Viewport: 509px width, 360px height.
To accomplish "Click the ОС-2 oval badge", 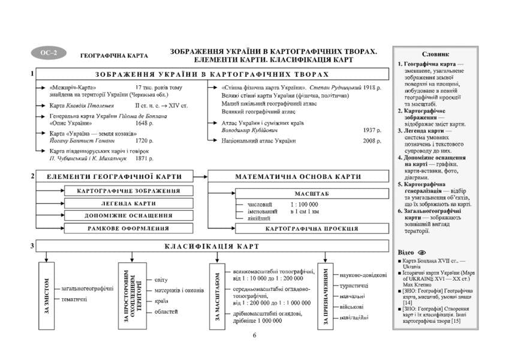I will [x=47, y=53].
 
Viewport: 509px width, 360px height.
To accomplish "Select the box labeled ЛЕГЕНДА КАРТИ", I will [x=128, y=203].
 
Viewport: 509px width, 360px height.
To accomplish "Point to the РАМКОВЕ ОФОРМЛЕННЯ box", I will [x=128, y=229].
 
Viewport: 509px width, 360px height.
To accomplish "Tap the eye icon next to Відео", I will [x=421, y=253].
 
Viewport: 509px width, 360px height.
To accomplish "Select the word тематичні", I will [x=74, y=298].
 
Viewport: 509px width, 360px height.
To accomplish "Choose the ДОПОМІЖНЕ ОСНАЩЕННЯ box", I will [x=128, y=216].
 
